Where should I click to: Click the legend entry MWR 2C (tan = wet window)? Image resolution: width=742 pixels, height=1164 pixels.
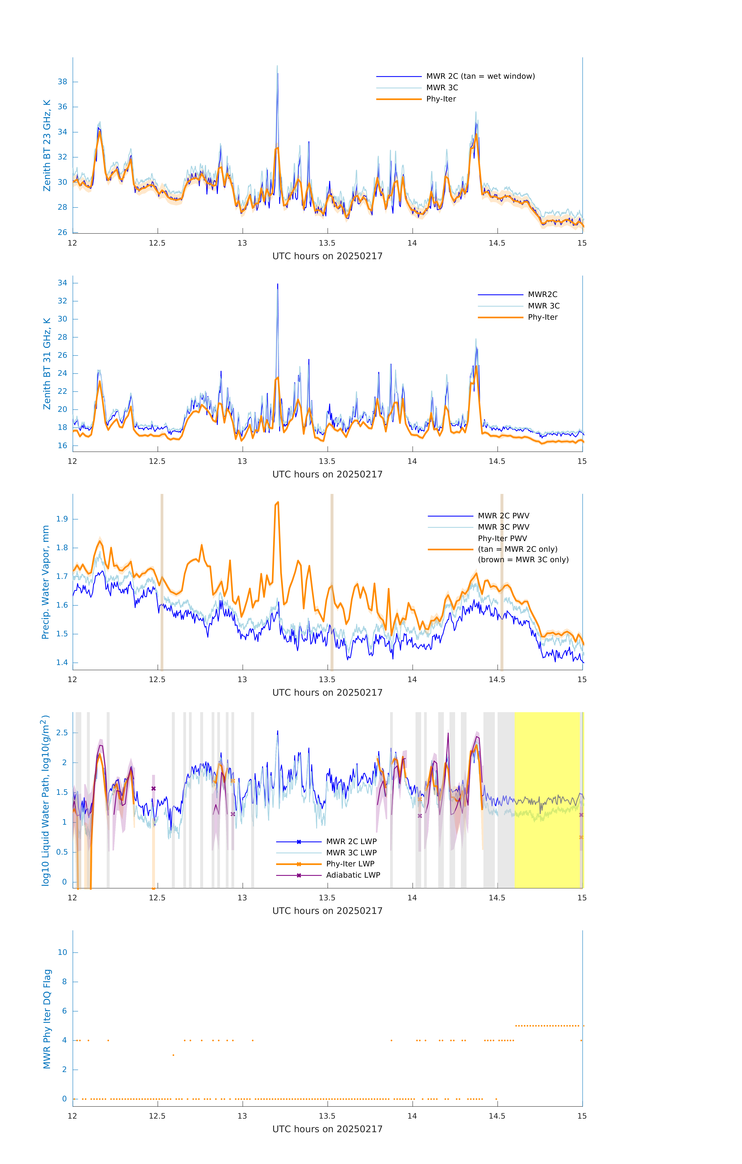pyautogui.click(x=480, y=76)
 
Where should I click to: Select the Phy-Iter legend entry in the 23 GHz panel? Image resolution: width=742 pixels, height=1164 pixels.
pyautogui.click(x=441, y=99)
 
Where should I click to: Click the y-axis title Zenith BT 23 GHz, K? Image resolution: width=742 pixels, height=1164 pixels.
pyautogui.click(x=47, y=145)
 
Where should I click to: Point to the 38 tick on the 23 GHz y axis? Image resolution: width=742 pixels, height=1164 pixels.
pyautogui.click(x=63, y=82)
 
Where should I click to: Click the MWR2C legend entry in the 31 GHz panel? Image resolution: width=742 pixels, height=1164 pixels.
pyautogui.click(x=542, y=294)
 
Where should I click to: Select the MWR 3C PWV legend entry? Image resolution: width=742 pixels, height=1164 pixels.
pyautogui.click(x=503, y=527)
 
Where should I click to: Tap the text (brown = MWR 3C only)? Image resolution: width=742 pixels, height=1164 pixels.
pyautogui.click(x=523, y=560)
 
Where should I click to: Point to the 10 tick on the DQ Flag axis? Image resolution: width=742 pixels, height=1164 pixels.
pyautogui.click(x=63, y=952)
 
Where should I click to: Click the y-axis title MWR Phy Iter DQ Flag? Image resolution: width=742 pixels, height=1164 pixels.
pyautogui.click(x=47, y=1018)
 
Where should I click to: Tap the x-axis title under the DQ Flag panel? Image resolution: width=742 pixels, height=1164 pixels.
pyautogui.click(x=327, y=1129)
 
